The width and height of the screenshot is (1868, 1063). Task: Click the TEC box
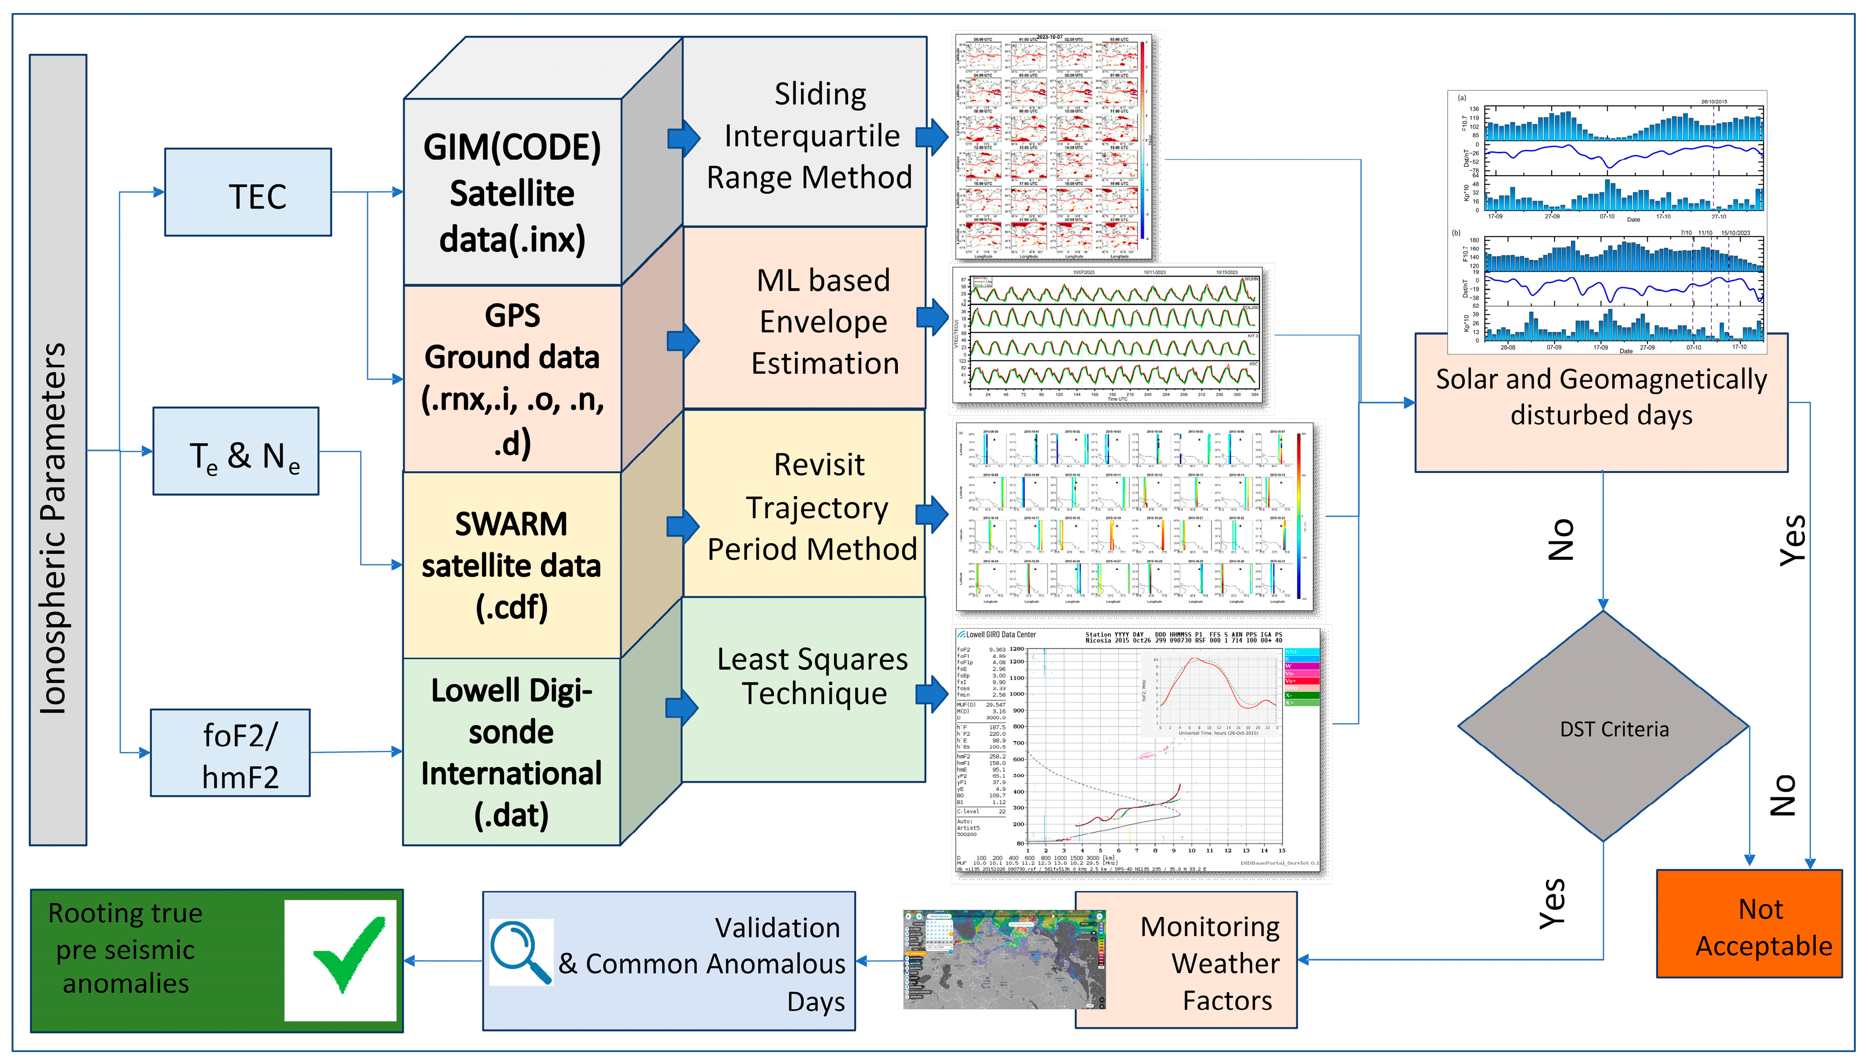click(248, 192)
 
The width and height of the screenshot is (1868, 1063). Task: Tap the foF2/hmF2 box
click(230, 753)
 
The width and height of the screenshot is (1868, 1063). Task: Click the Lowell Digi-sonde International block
click(511, 752)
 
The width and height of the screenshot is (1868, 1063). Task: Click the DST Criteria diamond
click(1602, 728)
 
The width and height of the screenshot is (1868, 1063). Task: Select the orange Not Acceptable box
click(1748, 923)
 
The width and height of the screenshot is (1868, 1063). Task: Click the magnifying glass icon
click(520, 952)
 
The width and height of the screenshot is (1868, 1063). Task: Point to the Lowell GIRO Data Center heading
click(996, 635)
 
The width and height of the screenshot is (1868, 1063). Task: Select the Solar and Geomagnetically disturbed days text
click(1601, 397)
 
